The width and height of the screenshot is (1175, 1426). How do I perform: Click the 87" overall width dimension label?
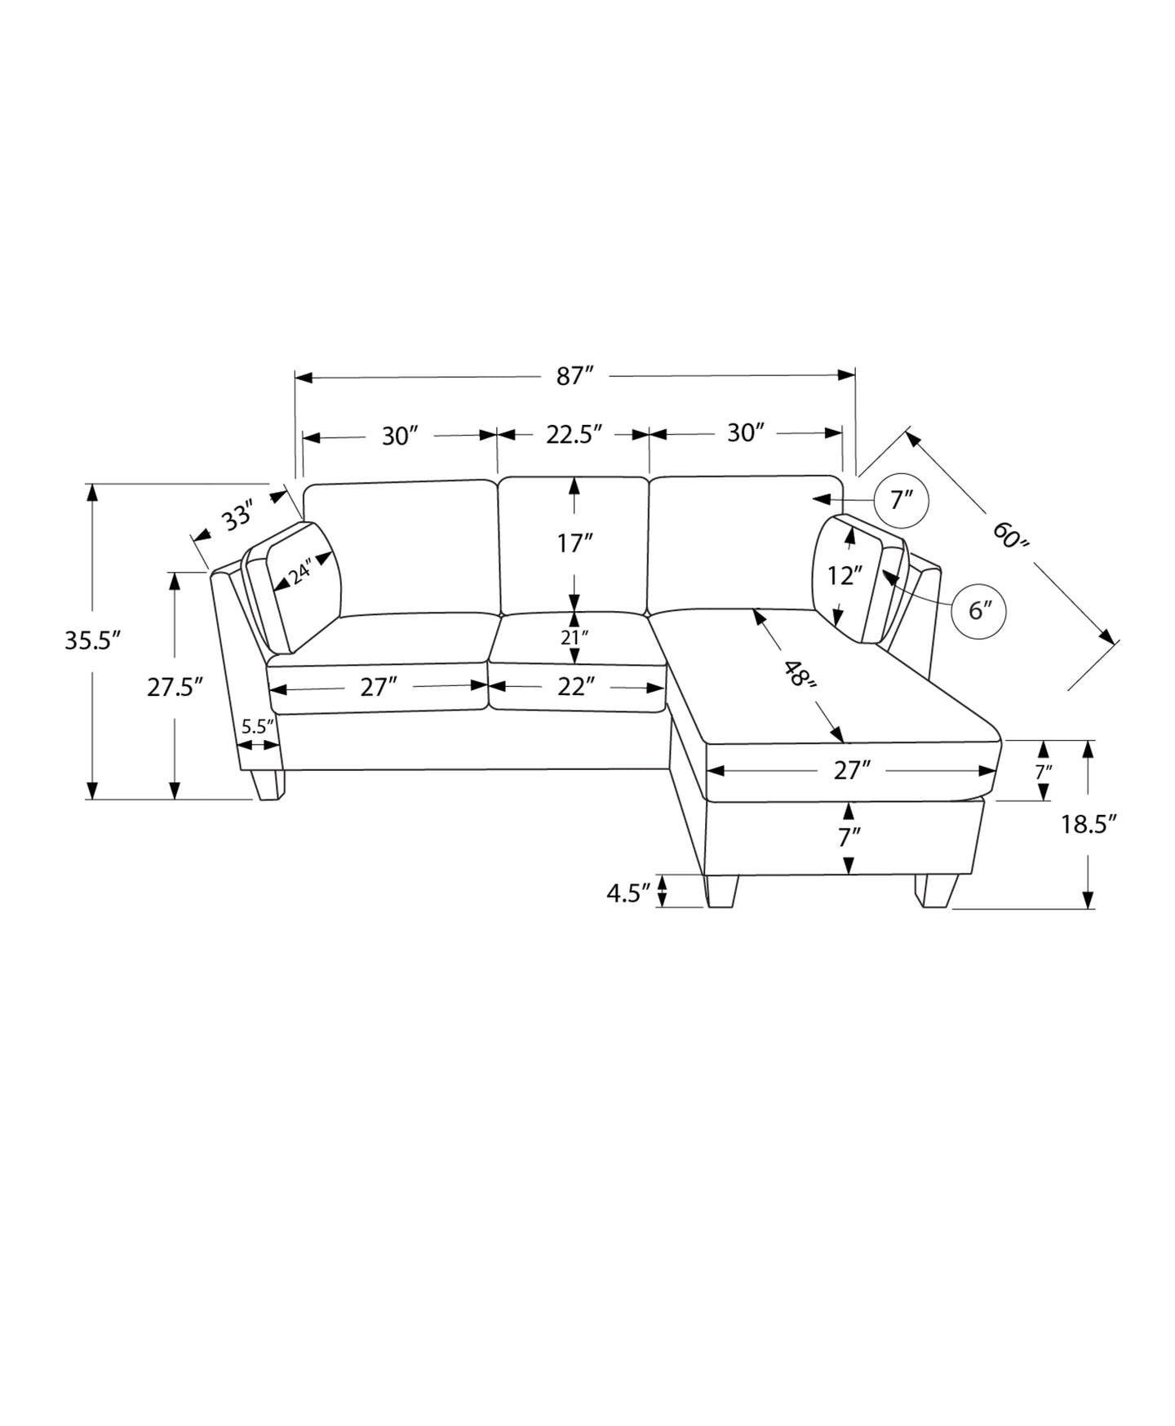point(574,376)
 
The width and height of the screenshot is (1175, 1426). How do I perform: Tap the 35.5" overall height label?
point(93,640)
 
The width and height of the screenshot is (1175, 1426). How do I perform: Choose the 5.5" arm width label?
point(258,725)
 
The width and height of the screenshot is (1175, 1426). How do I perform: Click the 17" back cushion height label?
point(574,542)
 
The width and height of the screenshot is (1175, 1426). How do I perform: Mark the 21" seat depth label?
point(574,637)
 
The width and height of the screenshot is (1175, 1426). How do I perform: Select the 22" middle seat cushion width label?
point(573,687)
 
